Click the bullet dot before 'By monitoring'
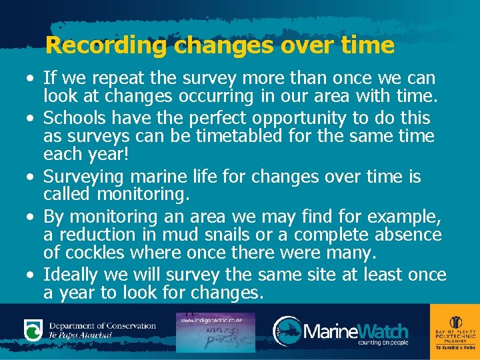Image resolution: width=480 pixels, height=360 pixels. [31, 217]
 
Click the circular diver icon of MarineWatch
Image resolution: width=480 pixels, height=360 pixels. [287, 330]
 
